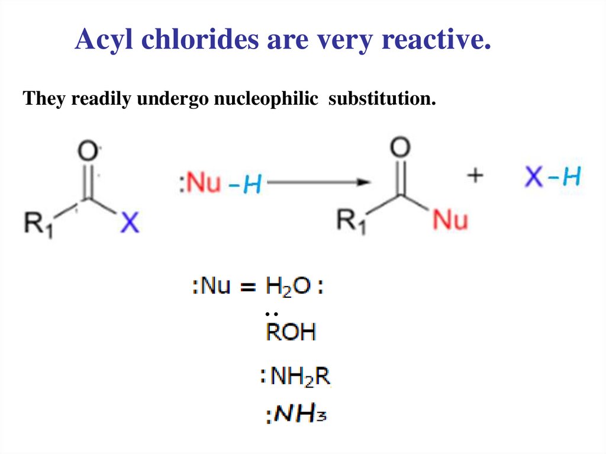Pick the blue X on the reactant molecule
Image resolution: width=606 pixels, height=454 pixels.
pyautogui.click(x=130, y=223)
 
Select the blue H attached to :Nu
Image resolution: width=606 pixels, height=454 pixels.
pyautogui.click(x=252, y=185)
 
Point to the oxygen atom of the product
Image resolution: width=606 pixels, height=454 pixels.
pyautogui.click(x=401, y=149)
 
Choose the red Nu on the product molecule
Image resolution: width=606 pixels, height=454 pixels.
pyautogui.click(x=450, y=220)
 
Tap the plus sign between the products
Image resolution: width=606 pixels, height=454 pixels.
pyautogui.click(x=475, y=176)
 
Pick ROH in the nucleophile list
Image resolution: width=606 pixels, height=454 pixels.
pyautogui.click(x=290, y=332)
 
